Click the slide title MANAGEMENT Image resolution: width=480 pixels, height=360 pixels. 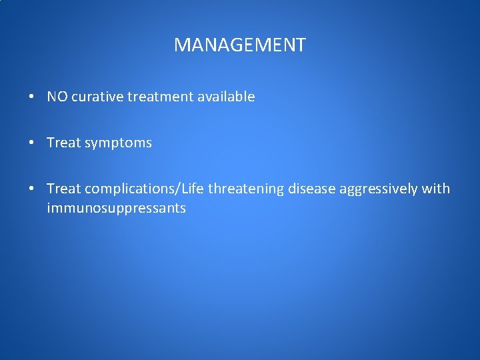click(x=239, y=45)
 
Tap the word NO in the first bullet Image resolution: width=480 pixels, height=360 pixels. click(x=57, y=97)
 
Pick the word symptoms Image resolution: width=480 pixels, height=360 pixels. click(x=118, y=143)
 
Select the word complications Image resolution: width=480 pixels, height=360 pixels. click(x=128, y=189)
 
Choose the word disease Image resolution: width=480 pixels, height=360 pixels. click(x=311, y=189)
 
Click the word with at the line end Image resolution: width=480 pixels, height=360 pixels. click(x=436, y=189)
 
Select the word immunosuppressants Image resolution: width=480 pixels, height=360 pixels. click(x=116, y=209)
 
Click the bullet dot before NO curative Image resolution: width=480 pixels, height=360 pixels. click(x=32, y=97)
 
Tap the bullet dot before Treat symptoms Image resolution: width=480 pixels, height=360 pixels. click(x=32, y=143)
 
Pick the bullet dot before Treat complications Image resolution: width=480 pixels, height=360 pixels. click(x=32, y=189)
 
